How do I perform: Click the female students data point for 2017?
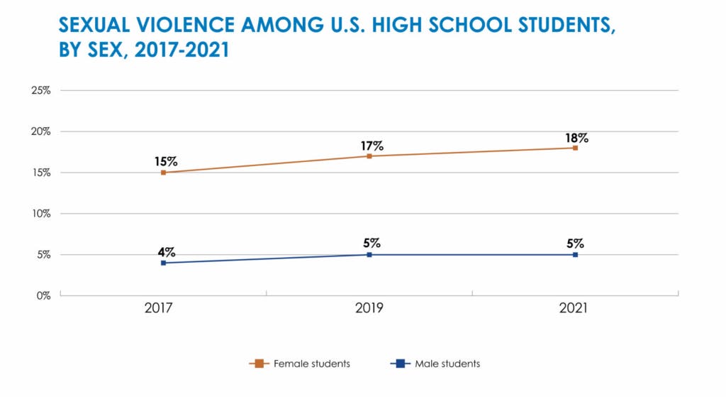click(x=163, y=173)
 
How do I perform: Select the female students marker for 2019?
click(x=369, y=156)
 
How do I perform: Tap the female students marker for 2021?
click(x=575, y=148)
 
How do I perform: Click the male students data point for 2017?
click(x=163, y=263)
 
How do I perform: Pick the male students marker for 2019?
click(x=369, y=254)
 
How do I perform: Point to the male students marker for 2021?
click(x=575, y=254)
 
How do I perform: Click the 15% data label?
click(x=166, y=161)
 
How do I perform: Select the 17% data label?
click(x=372, y=146)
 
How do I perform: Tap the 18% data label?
click(x=577, y=138)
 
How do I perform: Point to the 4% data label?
click(x=166, y=252)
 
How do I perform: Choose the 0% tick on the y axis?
click(x=44, y=295)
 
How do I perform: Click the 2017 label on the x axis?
click(x=163, y=309)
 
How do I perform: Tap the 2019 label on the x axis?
click(x=369, y=309)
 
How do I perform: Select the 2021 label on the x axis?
click(x=575, y=309)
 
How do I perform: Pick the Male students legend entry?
click(x=435, y=364)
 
